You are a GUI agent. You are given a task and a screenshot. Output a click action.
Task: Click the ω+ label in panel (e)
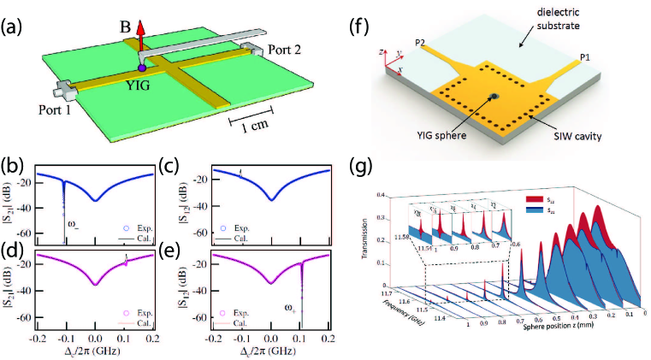[288, 304]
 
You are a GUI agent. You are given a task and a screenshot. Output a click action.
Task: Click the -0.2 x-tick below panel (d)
[38, 340]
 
